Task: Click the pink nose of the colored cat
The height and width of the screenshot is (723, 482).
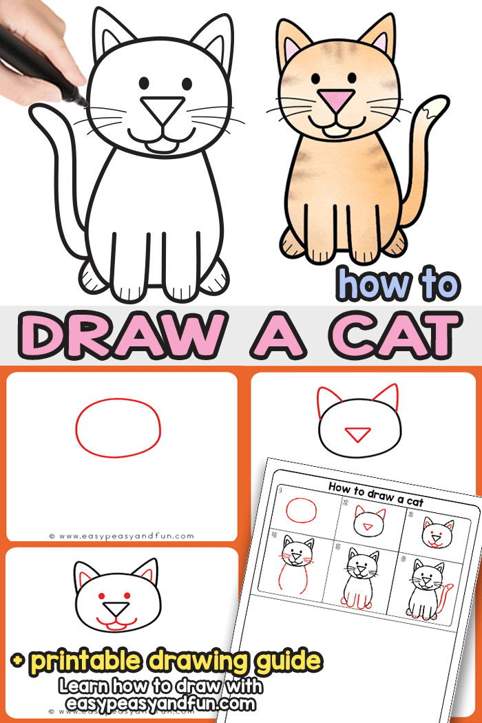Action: coord(336,101)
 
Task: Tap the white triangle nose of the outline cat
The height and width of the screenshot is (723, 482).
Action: coord(163,108)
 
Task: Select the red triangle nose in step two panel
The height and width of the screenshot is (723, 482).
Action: coord(357,434)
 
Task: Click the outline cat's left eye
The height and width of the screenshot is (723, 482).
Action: coord(145,83)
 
